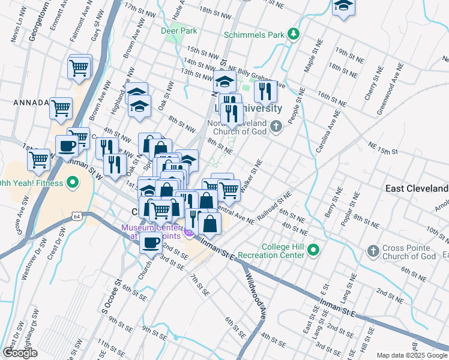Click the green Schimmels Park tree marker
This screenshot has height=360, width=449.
coord(294,34)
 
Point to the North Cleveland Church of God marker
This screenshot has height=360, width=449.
coord(276,126)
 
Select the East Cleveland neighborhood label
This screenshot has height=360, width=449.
coord(417,188)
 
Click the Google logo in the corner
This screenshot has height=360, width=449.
coord(20,353)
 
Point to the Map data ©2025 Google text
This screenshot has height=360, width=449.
coord(411,355)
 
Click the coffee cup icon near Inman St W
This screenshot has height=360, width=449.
coord(66,145)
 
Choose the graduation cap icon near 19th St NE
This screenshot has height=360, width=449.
coord(344,5)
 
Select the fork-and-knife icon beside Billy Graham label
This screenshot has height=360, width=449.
coord(265,91)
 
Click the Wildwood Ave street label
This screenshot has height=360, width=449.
coord(255,296)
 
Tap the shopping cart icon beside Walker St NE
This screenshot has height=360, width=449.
coord(229,190)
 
